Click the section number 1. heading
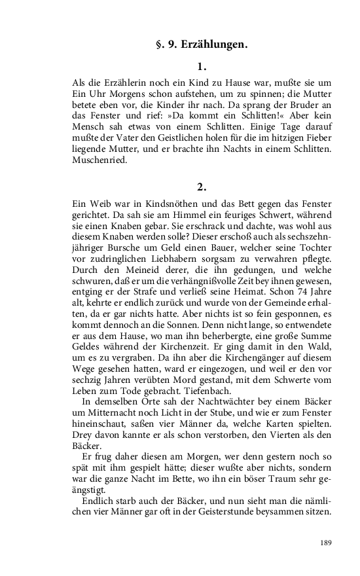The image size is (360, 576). pyautogui.click(x=202, y=66)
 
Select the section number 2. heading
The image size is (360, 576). pyautogui.click(x=202, y=187)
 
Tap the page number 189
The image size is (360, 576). pyautogui.click(x=327, y=543)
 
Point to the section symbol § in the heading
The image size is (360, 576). pyautogui.click(x=160, y=45)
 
